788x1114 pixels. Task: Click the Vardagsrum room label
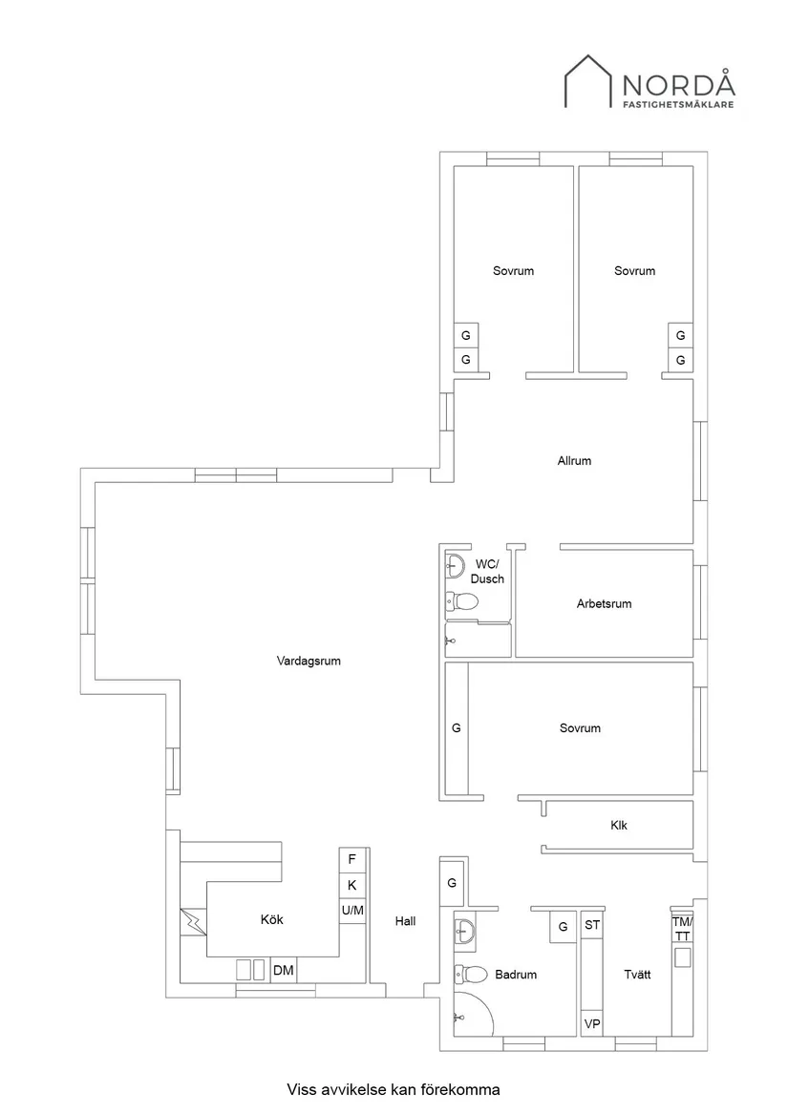click(308, 660)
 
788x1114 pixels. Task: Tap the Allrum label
click(574, 460)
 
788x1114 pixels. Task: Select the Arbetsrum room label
click(604, 603)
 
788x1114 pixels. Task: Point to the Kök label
click(271, 920)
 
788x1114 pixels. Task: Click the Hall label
click(405, 921)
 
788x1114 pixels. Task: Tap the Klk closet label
click(619, 825)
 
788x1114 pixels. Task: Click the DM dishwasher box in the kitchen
click(284, 971)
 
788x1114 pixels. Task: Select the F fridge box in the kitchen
click(351, 859)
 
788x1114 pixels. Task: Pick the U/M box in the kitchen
click(351, 911)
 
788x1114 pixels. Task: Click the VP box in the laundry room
click(591, 1023)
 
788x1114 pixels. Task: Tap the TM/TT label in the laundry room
click(682, 929)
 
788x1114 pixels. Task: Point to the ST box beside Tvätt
click(592, 925)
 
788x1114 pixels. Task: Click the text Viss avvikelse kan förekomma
click(394, 1088)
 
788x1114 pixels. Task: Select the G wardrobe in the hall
click(453, 883)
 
